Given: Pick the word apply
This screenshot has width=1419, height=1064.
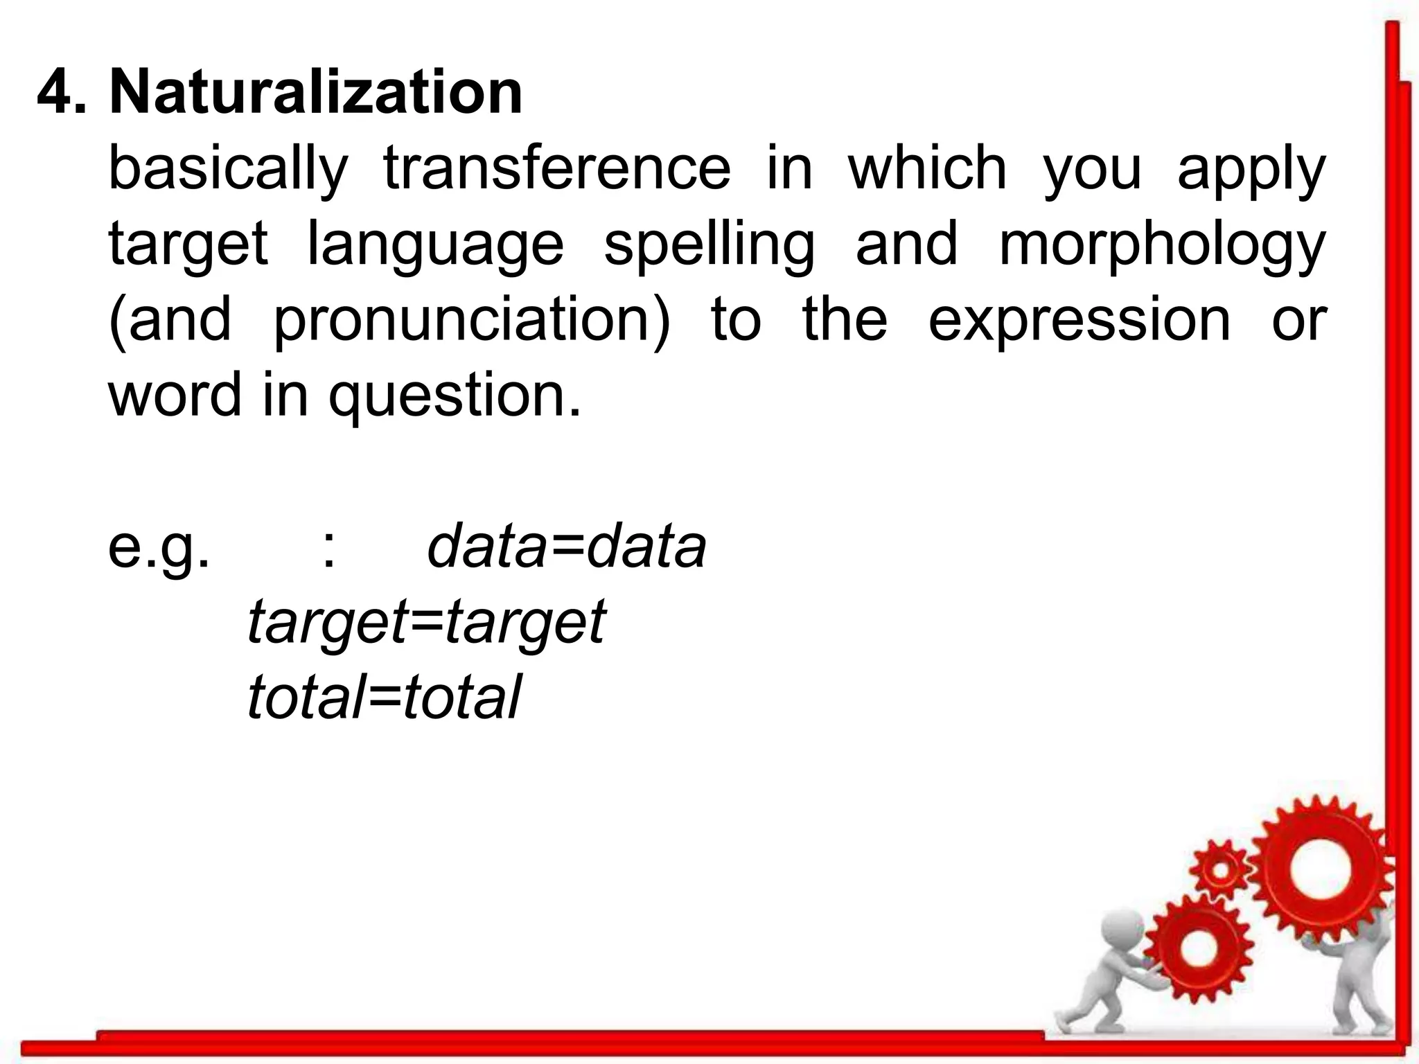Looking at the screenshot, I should (1251, 170).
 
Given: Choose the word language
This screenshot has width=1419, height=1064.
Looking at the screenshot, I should (435, 245).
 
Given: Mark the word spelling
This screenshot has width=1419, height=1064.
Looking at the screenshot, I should (709, 245).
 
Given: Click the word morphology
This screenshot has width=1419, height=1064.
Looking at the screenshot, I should (1162, 245).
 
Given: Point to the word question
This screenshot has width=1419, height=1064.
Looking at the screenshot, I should (454, 396).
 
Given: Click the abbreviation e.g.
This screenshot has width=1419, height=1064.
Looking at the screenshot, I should (159, 547).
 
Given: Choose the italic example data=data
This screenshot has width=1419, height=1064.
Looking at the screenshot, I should (566, 547).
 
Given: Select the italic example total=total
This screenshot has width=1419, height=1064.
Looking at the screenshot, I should (383, 697).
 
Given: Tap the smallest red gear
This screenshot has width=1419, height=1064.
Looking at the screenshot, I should (1221, 870).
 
